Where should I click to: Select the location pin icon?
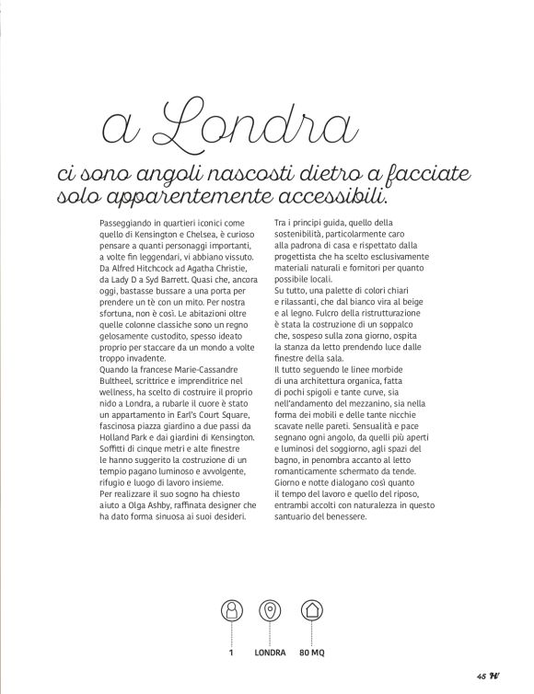coord(271,611)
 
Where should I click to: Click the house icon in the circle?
coord(310,611)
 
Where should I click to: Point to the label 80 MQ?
coord(311,654)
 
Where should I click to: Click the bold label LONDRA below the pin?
coord(271,654)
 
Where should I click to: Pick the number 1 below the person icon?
coord(232,654)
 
